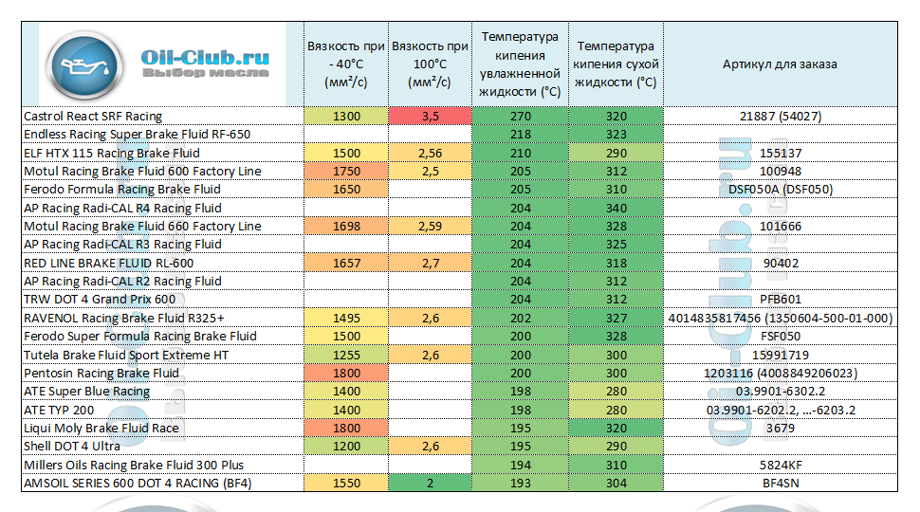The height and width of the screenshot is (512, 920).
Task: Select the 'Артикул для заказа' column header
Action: pos(780,64)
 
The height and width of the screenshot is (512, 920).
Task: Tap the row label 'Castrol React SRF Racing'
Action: pos(93,117)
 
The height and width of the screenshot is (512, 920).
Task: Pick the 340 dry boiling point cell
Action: pos(616,208)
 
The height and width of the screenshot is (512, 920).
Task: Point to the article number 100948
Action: pos(780,172)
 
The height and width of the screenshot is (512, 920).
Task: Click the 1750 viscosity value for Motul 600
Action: pos(347,172)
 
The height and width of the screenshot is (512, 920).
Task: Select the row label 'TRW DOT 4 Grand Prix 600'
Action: pos(100,300)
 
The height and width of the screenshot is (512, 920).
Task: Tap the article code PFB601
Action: pos(780,300)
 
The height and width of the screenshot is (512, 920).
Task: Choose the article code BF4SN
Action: pos(780,484)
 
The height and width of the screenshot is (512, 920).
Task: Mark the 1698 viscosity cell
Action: pos(347,227)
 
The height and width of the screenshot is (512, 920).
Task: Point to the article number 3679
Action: pos(780,429)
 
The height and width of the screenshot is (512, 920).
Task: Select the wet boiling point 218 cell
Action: pos(521,135)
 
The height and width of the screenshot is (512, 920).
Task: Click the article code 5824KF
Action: pos(780,466)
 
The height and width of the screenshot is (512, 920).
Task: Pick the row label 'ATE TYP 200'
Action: pos(59,411)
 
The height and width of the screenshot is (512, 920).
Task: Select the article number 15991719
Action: pos(780,356)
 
